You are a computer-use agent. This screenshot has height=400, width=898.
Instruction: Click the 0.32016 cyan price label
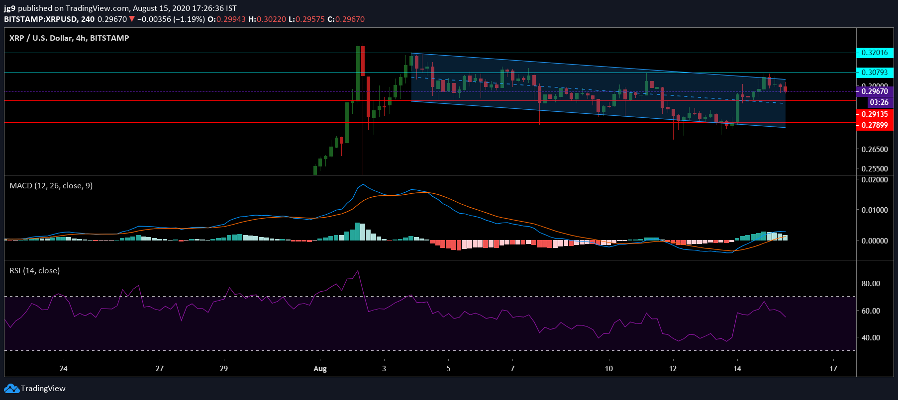click(875, 53)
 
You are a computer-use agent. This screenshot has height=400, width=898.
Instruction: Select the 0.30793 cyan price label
click(875, 73)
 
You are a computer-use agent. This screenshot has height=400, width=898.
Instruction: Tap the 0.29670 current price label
click(875, 91)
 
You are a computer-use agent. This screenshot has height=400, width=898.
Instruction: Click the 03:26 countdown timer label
click(879, 102)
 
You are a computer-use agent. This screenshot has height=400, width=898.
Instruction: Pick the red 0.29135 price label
click(875, 114)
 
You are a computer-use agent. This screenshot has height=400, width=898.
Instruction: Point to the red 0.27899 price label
click(875, 125)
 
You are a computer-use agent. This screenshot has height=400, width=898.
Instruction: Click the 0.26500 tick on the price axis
click(875, 149)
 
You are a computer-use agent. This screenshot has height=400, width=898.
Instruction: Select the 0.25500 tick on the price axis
click(875, 169)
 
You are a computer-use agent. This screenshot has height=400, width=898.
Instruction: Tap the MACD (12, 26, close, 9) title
click(51, 186)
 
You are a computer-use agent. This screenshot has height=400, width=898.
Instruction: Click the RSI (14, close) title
click(35, 271)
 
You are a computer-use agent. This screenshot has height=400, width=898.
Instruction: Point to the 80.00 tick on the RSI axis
click(871, 284)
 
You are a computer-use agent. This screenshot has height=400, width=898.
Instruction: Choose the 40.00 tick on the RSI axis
click(871, 338)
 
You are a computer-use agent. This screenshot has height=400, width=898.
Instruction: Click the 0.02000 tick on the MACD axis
click(875, 180)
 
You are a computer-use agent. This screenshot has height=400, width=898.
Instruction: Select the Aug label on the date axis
click(320, 369)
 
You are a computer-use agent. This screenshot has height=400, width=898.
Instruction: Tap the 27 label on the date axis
click(159, 369)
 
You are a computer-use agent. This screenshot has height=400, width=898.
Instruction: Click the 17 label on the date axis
click(833, 369)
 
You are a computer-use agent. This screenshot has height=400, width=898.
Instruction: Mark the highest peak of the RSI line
click(358, 271)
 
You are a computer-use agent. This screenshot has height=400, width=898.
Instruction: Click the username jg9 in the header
click(9, 8)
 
